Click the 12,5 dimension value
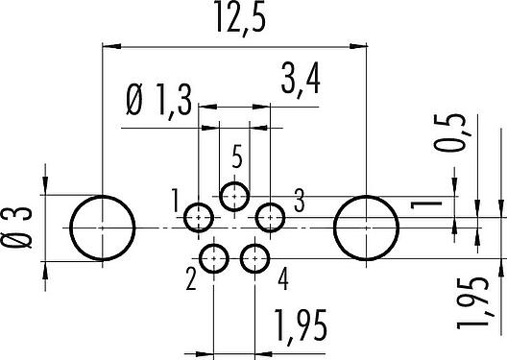click(240, 17)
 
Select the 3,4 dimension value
click(301, 80)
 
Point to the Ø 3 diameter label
click(17, 228)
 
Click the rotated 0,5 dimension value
click(449, 132)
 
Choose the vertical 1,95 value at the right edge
click(472, 303)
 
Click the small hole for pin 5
click(234, 197)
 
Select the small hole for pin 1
click(199, 218)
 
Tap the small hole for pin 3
click(270, 218)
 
